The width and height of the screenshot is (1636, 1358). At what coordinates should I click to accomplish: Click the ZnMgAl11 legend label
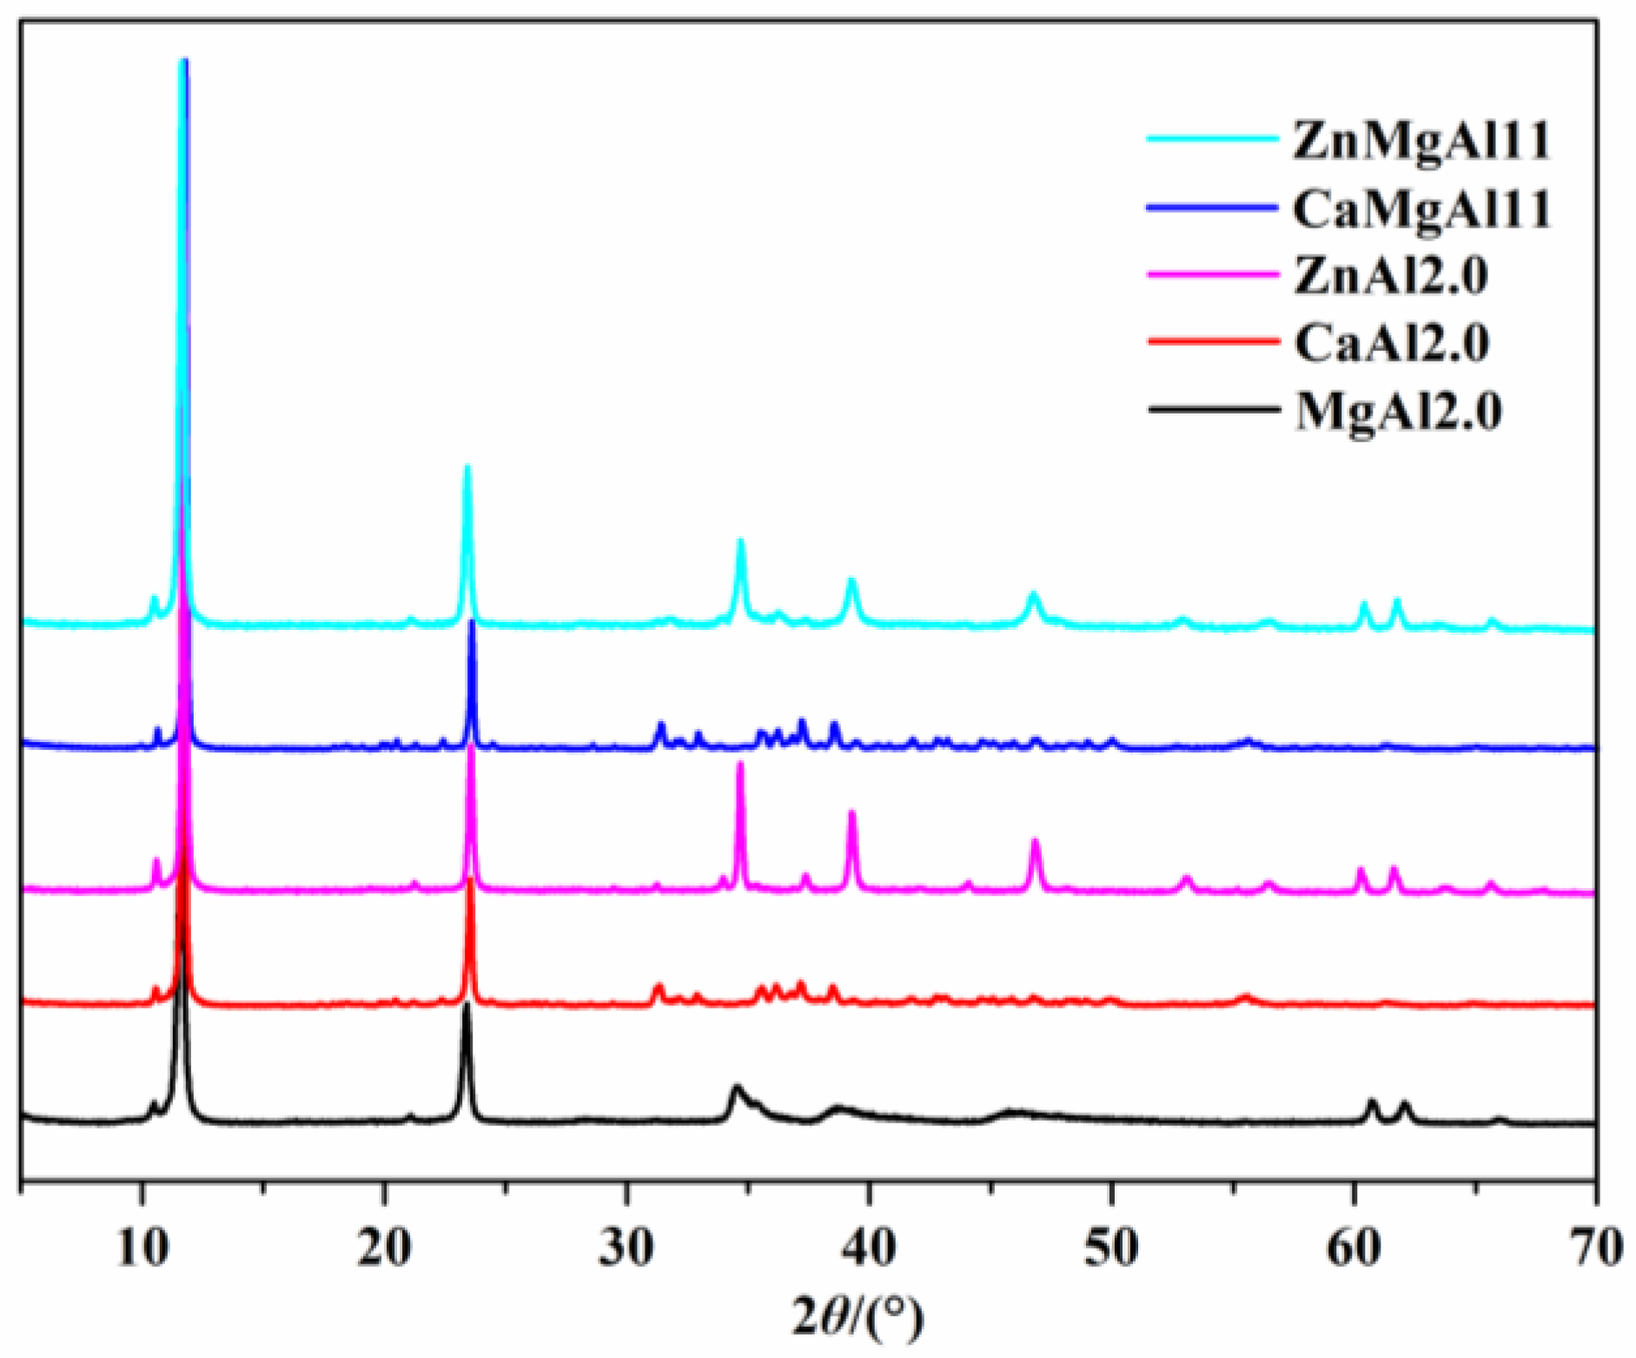click(1421, 140)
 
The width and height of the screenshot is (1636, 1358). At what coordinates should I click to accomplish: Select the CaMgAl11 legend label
click(1421, 209)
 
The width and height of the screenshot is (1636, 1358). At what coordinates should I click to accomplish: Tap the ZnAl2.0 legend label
click(1391, 276)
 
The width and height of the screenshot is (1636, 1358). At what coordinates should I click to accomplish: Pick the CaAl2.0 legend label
click(1391, 343)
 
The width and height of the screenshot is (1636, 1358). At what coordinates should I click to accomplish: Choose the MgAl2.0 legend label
click(1398, 411)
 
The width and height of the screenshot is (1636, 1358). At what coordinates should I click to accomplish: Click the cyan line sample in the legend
click(1213, 139)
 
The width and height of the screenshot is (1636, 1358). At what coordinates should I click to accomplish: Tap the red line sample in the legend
click(1213, 341)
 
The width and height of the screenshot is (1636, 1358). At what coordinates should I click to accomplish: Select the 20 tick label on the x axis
click(384, 1249)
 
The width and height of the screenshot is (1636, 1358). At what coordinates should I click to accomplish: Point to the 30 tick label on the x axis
click(626, 1249)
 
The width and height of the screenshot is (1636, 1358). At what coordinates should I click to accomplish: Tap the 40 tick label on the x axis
click(869, 1249)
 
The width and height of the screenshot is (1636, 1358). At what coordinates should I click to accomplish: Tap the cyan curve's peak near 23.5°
click(467, 468)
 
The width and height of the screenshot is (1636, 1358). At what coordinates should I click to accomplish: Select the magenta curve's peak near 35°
click(740, 764)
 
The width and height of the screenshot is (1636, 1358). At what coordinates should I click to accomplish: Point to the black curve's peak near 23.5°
click(467, 1005)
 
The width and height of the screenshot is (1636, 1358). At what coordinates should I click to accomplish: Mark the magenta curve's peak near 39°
click(851, 812)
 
